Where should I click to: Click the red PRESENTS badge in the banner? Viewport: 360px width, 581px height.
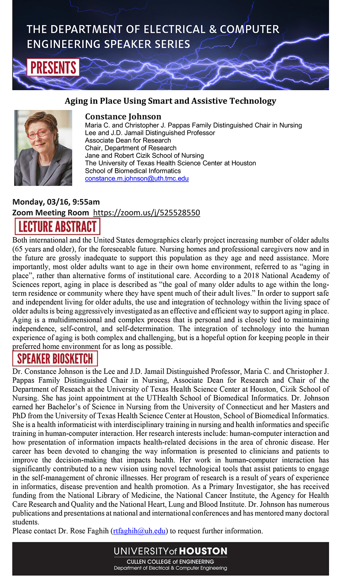pyautogui.click(x=53, y=68)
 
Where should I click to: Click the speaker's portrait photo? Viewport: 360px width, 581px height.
pyautogui.click(x=43, y=148)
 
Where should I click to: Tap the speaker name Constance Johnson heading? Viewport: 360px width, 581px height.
pyautogui.click(x=123, y=117)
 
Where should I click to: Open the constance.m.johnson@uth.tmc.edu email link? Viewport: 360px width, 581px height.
pyautogui.click(x=137, y=179)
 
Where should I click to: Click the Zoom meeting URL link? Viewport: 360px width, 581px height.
pyautogui.click(x=146, y=213)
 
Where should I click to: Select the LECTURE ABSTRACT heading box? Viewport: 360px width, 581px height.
pyautogui.click(x=57, y=226)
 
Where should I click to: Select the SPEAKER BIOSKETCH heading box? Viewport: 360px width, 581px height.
pyautogui.click(x=55, y=359)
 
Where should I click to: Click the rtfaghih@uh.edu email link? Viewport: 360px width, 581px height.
pyautogui.click(x=139, y=531)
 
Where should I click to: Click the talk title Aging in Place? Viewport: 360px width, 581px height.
pyautogui.click(x=170, y=101)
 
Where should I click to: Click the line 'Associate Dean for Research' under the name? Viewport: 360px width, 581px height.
pyautogui.click(x=128, y=140)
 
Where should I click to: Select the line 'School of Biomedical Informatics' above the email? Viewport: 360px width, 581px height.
pyautogui.click(x=133, y=171)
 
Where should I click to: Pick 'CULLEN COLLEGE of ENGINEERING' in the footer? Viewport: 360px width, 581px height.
pyautogui.click(x=170, y=562)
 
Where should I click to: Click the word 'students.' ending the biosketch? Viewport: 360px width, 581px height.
pyautogui.click(x=26, y=522)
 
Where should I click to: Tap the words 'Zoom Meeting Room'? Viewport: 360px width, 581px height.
pyautogui.click(x=50, y=213)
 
